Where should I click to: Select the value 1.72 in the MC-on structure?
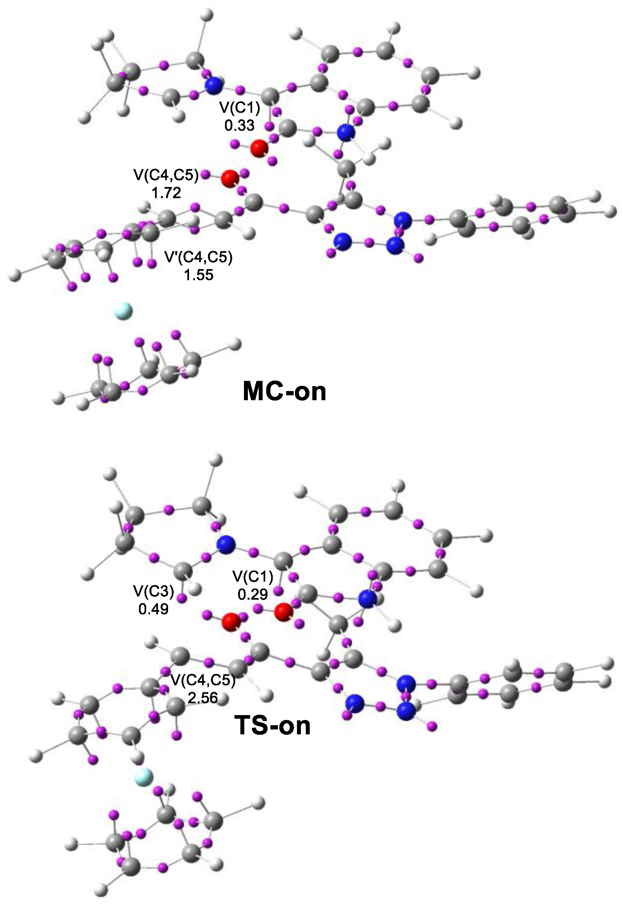[166, 193]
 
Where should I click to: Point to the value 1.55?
[199, 275]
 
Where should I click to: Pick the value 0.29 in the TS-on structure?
[252, 594]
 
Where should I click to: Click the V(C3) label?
[153, 591]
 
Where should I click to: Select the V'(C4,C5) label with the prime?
[199, 257]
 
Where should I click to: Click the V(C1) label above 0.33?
[240, 108]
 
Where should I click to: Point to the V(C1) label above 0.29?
[252, 577]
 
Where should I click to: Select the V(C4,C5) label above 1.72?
[166, 176]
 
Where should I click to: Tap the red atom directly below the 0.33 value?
[259, 148]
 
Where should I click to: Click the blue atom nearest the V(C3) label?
[226, 544]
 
